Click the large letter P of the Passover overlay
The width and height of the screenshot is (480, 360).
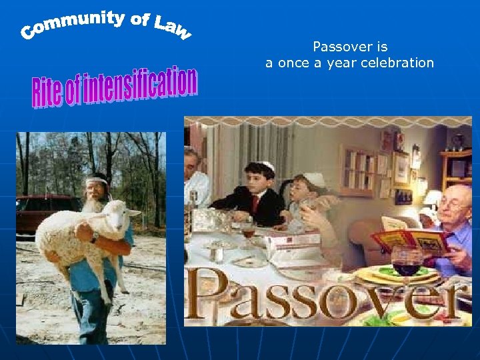coord(204,297)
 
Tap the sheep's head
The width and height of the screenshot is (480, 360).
coord(120,213)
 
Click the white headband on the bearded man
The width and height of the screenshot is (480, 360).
coord(97,181)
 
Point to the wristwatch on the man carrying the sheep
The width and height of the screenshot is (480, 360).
coord(95,237)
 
